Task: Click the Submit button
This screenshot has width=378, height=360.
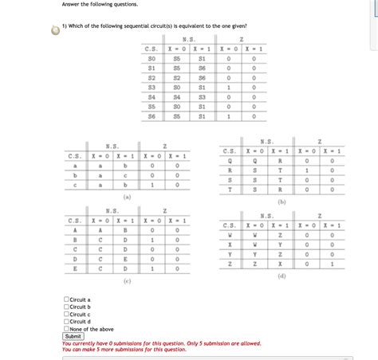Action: [73, 336]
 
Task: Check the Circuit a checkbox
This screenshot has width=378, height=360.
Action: [66, 299]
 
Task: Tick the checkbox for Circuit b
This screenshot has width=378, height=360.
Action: [66, 307]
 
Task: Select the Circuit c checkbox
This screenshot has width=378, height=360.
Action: [66, 314]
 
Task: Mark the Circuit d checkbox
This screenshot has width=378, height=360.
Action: [66, 321]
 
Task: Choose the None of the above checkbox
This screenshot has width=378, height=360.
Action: [66, 328]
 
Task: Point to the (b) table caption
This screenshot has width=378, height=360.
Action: [281, 203]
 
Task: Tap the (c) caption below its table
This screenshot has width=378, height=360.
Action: [127, 281]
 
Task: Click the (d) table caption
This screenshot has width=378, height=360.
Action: [282, 276]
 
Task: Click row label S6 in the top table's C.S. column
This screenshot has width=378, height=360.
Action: [152, 115]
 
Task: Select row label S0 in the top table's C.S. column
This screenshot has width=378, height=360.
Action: [152, 58]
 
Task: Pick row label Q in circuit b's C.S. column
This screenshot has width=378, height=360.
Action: [230, 159]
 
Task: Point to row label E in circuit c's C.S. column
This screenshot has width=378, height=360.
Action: [76, 268]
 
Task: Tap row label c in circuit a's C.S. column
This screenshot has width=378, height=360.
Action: [76, 185]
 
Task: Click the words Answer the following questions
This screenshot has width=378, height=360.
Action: [94, 4]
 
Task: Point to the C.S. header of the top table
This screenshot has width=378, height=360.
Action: [152, 49]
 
